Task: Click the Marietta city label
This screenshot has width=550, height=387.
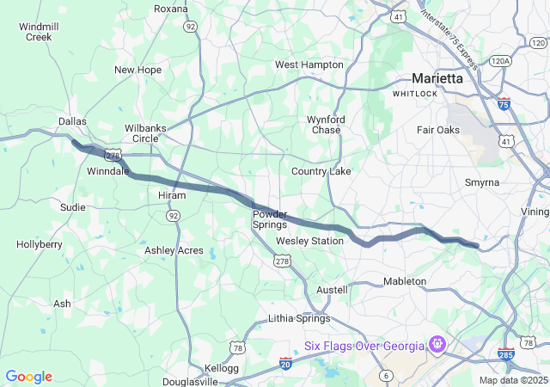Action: tap(437, 77)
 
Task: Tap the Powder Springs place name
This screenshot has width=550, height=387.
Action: tap(269, 218)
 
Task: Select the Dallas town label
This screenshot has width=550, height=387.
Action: tap(72, 121)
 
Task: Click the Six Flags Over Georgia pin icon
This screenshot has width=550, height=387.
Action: tap(437, 346)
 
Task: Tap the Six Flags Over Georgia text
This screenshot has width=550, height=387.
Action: tap(365, 346)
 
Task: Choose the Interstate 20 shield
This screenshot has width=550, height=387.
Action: tap(286, 363)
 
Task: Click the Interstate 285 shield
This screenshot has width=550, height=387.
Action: tap(506, 354)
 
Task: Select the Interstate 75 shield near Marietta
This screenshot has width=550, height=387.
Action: tap(504, 102)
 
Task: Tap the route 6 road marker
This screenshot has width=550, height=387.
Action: tap(387, 375)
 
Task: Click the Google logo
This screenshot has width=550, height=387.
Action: tap(28, 377)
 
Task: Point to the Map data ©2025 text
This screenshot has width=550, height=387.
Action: tap(512, 380)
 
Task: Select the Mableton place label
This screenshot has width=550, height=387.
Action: tap(404, 281)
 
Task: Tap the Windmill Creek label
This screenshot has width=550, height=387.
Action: tap(39, 32)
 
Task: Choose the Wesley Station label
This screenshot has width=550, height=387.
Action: tap(309, 241)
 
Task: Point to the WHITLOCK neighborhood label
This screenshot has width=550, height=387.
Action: tap(416, 93)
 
